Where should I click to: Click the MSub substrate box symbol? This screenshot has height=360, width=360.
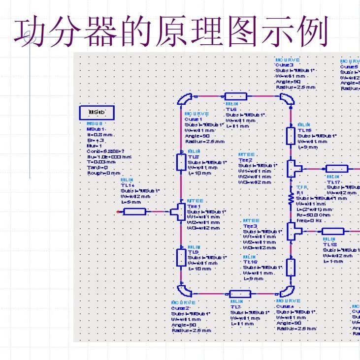click(97, 113)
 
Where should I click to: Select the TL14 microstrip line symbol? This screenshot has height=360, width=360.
click(134, 211)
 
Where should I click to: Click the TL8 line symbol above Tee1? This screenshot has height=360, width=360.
click(181, 161)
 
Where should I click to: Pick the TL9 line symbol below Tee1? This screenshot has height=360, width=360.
click(181, 257)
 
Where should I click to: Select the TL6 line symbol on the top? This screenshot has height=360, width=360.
click(235, 96)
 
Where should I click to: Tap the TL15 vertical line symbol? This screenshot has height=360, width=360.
click(291, 134)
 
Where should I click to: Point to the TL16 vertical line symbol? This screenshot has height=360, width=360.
click(291, 267)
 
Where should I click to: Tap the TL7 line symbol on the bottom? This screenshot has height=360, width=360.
click(240, 294)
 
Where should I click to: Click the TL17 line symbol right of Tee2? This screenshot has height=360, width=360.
click(337, 169)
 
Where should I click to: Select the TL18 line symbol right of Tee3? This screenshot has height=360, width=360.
click(332, 231)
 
